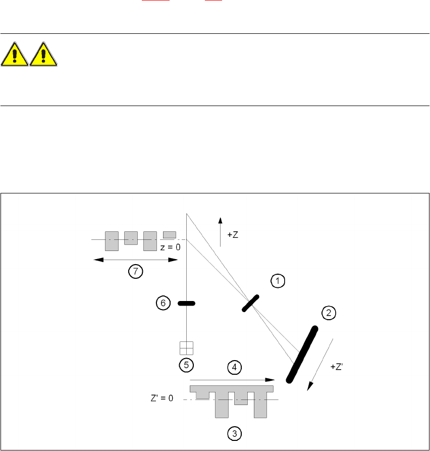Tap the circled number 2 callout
tap(329, 313)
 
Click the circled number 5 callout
tap(187, 364)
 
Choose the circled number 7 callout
tap(135, 272)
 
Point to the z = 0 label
tap(171, 247)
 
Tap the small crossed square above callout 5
tap(187, 348)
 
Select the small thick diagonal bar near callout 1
tap(250, 303)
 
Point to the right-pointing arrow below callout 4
tap(232, 379)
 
